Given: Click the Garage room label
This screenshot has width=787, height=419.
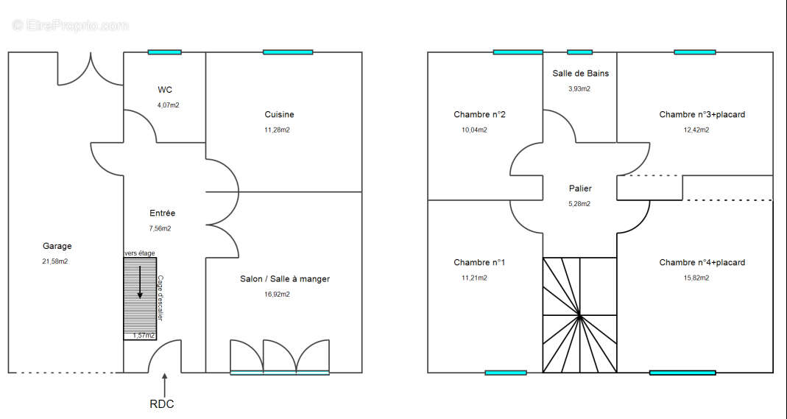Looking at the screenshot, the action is point(57,246).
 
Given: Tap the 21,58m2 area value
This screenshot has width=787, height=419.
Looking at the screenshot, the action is point(55,261).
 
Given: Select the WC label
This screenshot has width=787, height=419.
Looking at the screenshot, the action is point(165,90).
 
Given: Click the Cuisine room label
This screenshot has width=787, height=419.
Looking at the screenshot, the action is point(280,114).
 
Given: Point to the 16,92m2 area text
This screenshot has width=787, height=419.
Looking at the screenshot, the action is point(277,295).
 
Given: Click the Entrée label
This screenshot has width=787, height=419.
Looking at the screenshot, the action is point(163,214).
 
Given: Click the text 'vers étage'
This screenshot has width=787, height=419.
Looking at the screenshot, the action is point(140,253).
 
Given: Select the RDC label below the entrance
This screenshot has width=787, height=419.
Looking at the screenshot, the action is point(162,404).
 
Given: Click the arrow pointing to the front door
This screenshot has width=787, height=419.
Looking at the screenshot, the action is point(165,385).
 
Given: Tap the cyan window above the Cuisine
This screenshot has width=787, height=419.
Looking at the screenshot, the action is point(288,52).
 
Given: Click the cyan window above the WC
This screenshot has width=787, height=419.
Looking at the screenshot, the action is point(165,52).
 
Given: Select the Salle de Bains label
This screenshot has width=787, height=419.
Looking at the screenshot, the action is point(581,73).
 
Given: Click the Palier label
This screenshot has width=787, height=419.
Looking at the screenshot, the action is point(580,189).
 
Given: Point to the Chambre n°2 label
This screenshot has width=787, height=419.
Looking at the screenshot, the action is point(480,114).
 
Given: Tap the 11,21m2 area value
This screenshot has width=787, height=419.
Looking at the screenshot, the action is point(474,278).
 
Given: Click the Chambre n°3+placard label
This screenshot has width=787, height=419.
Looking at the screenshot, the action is point(702,114).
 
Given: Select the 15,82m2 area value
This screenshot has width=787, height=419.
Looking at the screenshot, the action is point(696,278).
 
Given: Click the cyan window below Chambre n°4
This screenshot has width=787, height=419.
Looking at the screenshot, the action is point(682,373).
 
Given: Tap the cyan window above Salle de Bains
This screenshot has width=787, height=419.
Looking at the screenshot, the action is point(579,52).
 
